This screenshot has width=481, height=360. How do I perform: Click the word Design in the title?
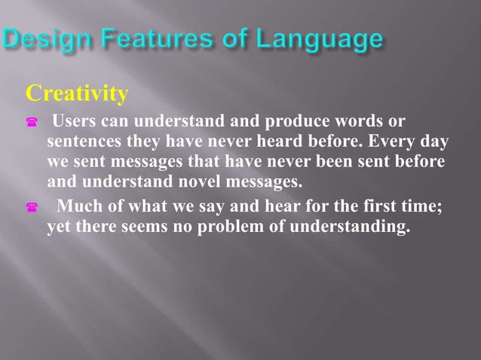[x=44, y=40]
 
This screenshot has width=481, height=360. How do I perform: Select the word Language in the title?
[x=316, y=40]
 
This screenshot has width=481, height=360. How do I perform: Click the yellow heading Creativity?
[x=77, y=94]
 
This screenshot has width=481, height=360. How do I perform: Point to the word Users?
[x=81, y=122]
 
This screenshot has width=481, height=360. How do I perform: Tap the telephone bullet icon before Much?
[x=32, y=209]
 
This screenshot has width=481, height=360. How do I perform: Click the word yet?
[x=60, y=227]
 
